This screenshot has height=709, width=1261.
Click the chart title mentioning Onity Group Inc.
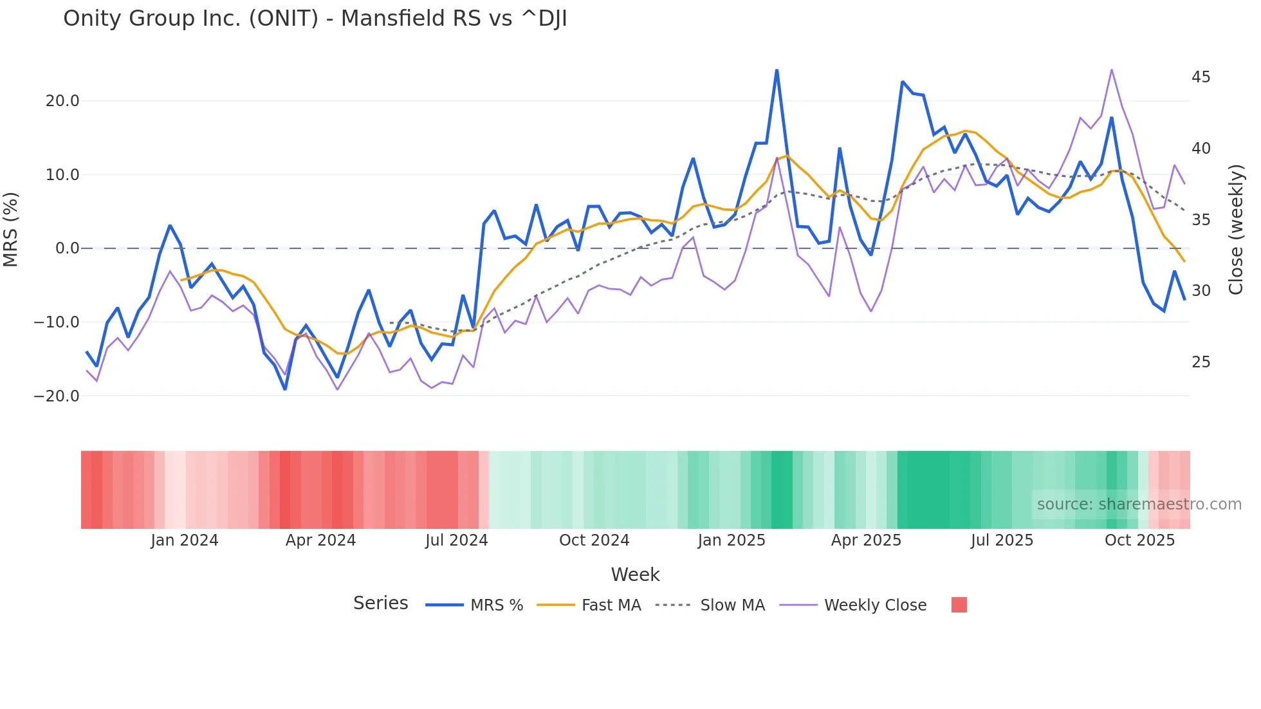point(315,19)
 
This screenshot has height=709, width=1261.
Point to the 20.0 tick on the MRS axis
point(62,101)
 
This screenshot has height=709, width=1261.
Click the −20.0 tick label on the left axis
point(57,396)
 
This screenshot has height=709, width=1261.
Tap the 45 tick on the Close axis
point(1201,77)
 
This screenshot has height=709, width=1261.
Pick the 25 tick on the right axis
point(1201,362)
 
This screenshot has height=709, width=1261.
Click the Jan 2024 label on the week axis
point(185,540)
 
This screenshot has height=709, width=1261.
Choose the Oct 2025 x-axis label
point(1139,540)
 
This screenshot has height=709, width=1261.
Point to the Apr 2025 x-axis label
point(866,540)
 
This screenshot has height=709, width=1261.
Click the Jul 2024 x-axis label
point(457,540)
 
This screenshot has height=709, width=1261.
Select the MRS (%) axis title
point(11,229)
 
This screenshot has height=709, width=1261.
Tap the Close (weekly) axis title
point(1236,230)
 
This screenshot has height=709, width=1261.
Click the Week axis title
point(635,575)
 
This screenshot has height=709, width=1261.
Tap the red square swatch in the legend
point(959,605)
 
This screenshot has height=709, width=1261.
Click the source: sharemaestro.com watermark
point(1139,504)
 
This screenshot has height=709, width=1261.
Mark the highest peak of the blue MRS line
point(777,70)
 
